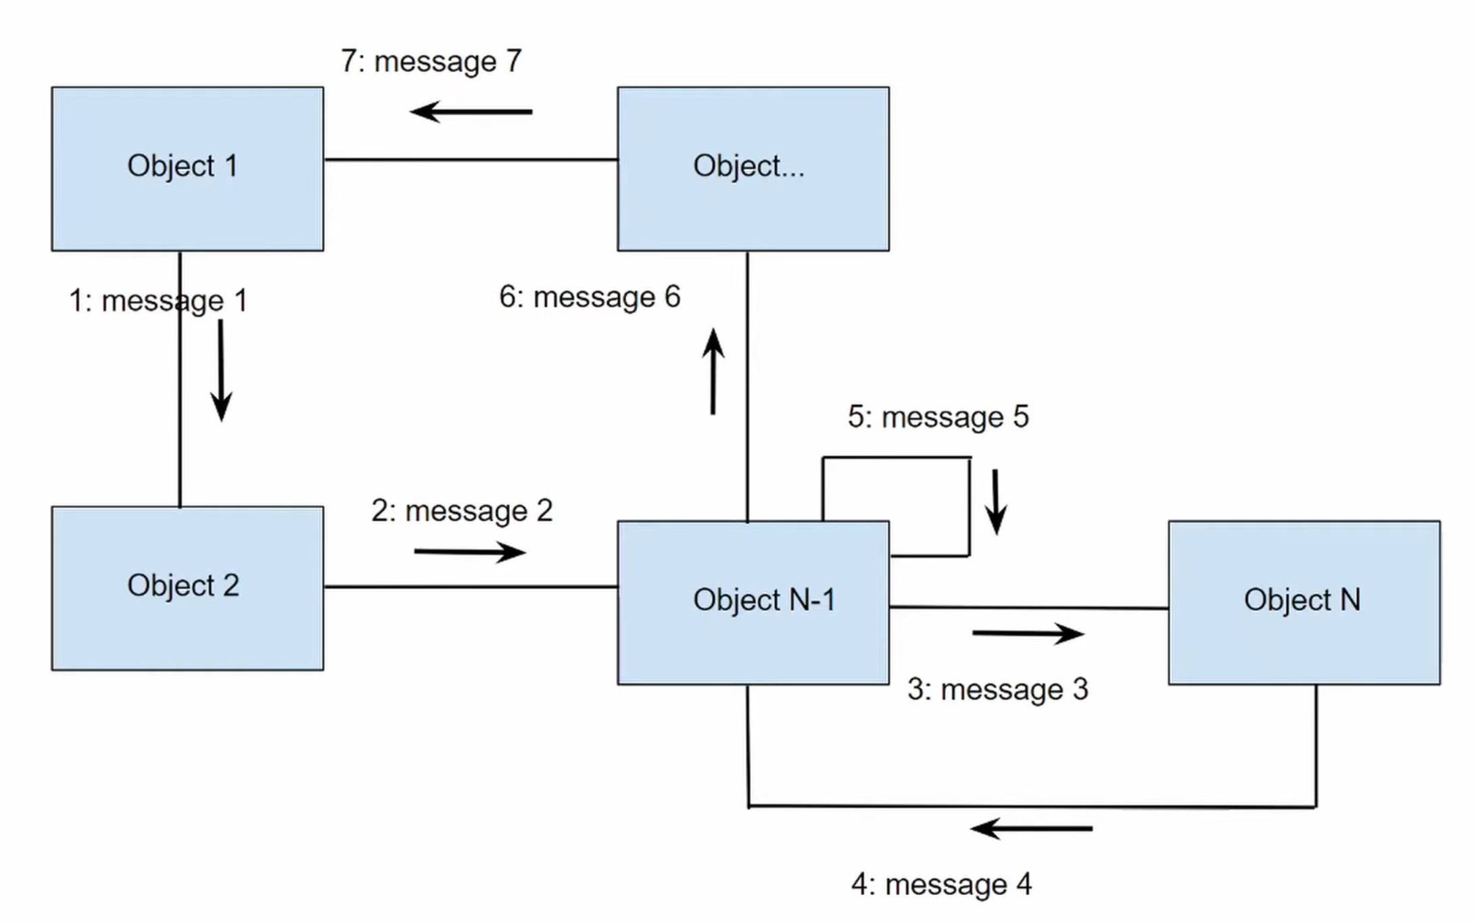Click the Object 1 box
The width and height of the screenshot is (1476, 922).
coord(187,169)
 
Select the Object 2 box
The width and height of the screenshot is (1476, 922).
coord(187,588)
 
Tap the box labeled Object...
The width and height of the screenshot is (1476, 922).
coord(753,169)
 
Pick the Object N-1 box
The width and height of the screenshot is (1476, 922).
coord(753,602)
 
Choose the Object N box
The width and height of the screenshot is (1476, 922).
coord(1304,602)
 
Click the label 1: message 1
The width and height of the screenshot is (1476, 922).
coord(158,301)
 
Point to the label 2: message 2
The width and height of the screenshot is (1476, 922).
coord(462,511)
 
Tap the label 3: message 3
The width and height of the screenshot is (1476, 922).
coord(997,689)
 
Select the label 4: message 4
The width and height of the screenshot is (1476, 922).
coord(941,884)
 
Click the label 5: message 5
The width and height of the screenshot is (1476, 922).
coord(938,417)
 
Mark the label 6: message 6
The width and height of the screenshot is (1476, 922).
coord(590,297)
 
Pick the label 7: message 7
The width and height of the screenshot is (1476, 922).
coord(431,62)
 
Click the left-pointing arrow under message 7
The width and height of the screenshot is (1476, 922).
coord(471,112)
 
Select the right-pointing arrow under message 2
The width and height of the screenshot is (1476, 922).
coord(469,552)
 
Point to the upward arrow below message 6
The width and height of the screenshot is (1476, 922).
coord(713,371)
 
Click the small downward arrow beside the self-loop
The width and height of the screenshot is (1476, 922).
coord(995,502)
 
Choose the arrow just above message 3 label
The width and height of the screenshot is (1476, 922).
coord(1028,633)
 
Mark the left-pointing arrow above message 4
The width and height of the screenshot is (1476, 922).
coord(1031,828)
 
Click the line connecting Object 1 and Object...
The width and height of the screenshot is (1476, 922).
coord(471,160)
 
